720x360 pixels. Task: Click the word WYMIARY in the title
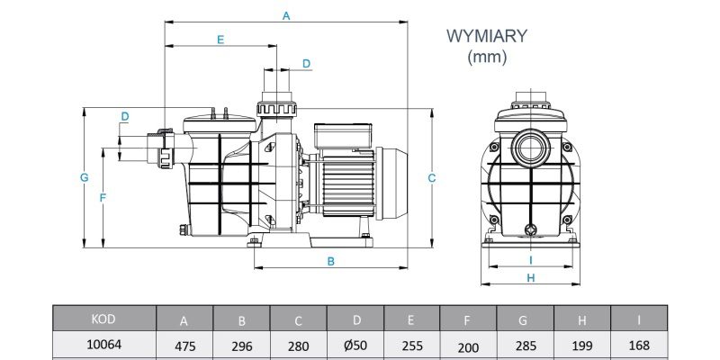coord(487,36)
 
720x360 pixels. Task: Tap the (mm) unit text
coord(487,57)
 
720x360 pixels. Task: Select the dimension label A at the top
coord(286,16)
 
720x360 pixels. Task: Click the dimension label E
coord(220,40)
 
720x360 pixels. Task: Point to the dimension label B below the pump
coord(330,261)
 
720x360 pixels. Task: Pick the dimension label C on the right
coord(432,178)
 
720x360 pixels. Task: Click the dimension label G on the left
coord(84,177)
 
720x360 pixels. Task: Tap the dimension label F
coord(103,198)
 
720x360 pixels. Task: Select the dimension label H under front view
coord(531,278)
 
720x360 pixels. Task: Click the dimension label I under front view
coord(531,260)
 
